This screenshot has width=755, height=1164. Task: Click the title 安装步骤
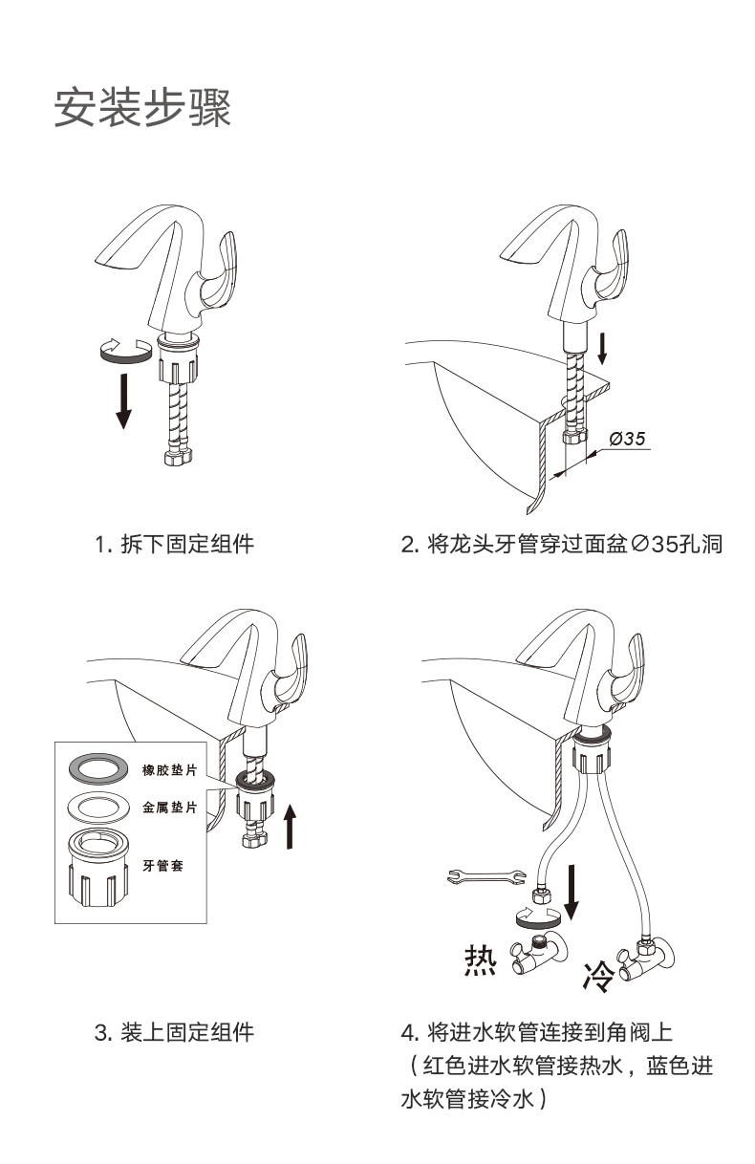[142, 108]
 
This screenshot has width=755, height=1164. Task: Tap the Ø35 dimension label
[627, 438]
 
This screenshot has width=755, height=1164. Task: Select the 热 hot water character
[480, 959]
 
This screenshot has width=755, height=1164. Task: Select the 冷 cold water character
[598, 975]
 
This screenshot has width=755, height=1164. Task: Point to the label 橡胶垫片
[170, 770]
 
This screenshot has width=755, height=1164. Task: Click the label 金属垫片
[170, 808]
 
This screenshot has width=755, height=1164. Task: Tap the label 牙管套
[163, 865]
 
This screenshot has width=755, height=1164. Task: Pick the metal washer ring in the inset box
[98, 806]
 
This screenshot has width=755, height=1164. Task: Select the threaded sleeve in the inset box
[99, 869]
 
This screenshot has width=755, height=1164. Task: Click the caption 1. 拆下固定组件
[174, 545]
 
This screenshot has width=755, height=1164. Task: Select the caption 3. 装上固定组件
[174, 1033]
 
